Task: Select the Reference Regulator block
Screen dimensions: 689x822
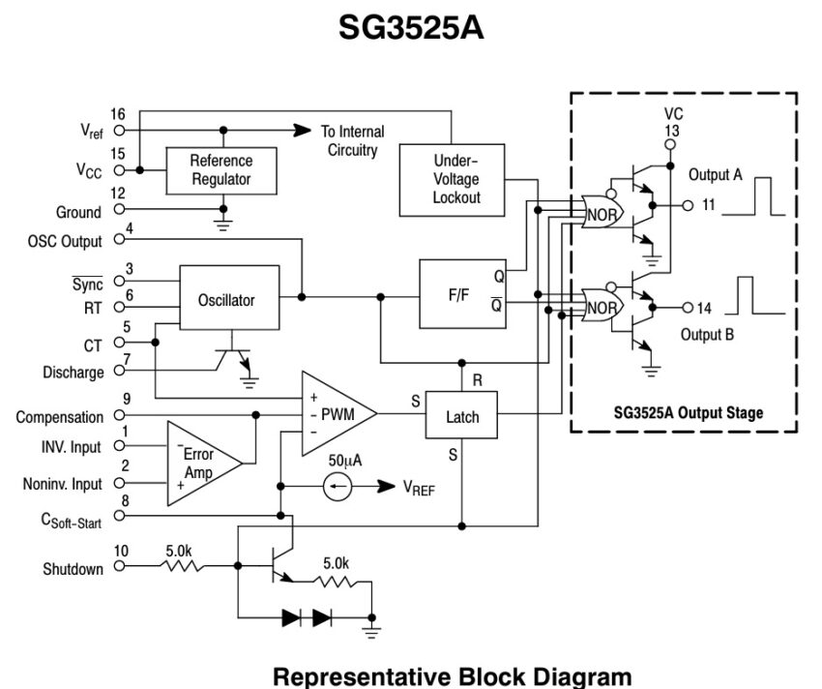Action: [x=220, y=169]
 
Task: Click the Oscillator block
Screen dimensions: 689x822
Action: [x=226, y=300]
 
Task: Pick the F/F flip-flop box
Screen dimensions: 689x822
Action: [x=459, y=295]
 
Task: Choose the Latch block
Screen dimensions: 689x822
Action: [x=462, y=417]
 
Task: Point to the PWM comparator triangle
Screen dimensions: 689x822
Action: [x=334, y=415]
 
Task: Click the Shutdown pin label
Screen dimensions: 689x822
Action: [x=73, y=569]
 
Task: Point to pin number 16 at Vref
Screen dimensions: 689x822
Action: [x=118, y=114]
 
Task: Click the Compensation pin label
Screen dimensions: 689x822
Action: [x=60, y=417]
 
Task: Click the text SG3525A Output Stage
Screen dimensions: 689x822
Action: [x=688, y=412]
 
